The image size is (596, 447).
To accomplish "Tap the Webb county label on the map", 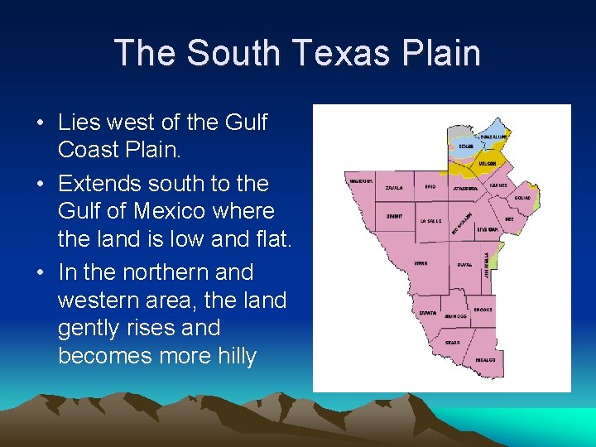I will pos(421,264).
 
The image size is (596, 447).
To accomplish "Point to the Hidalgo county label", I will pos(486,360).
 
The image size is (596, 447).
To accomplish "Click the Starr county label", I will pos(453,341).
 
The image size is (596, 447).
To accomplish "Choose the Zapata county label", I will pos(428,313).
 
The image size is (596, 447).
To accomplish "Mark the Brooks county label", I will pos(483,310).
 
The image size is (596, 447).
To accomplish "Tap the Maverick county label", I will pos(361,180).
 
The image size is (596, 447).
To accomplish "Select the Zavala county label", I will pos(395,188).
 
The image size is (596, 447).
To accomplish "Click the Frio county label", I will pos(430,187).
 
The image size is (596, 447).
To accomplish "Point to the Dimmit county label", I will pos(394,214).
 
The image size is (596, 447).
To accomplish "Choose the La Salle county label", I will pos(430,221).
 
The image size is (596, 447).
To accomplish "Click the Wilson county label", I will pos(487,164).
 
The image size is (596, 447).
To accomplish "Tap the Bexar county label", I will pos(467,146).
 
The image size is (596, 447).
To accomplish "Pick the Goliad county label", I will pos(522,198).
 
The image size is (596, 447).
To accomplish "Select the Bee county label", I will pos(509,219).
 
